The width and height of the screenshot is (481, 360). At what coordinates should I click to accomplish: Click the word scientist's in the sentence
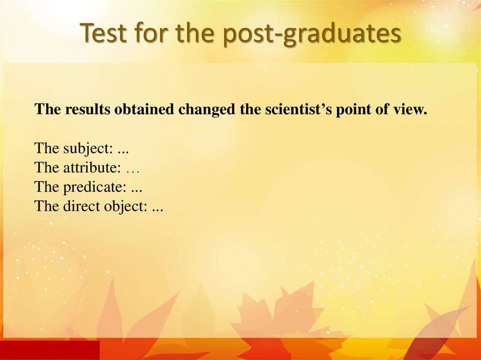pos(294,110)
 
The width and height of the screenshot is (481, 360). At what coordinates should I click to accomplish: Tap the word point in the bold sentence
pos(351,110)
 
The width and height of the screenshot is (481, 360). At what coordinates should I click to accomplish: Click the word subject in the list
pos(87,149)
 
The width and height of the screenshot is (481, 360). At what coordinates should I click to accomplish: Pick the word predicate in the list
pos(94,188)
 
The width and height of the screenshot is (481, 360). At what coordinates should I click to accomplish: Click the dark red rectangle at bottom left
pos(50,350)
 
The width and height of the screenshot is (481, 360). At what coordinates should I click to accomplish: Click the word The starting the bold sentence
pos(48,110)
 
